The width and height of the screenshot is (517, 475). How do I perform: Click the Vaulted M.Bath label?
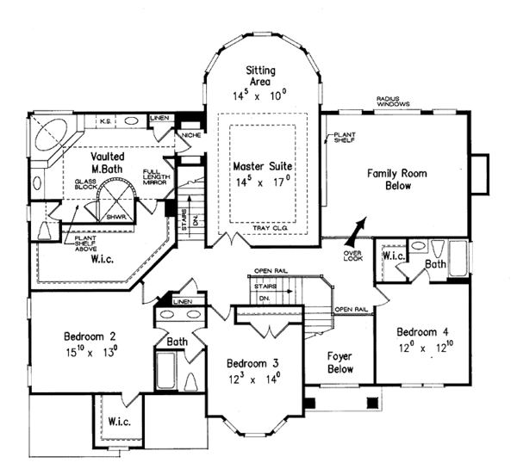coord(109,163)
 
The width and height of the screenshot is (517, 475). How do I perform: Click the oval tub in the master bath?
coord(53,136)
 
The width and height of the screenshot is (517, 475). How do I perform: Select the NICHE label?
coord(190,135)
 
